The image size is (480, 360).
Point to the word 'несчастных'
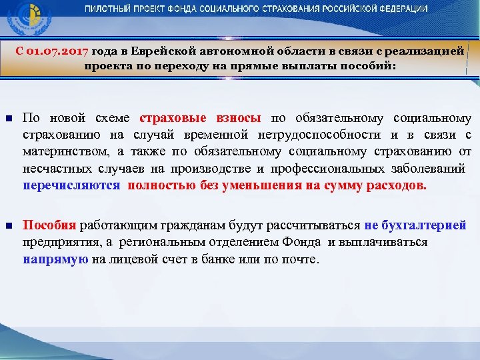click(x=53, y=169)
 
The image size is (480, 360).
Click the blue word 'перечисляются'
click(x=71, y=185)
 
